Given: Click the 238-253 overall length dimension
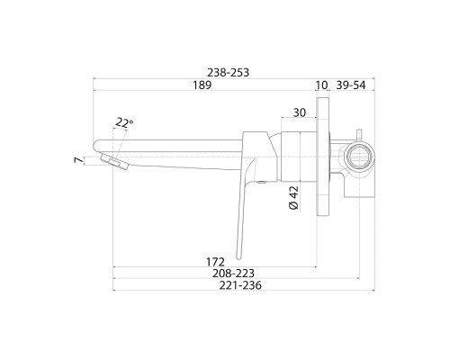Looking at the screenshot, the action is tap(229, 73).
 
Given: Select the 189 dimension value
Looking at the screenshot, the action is tap(202, 85).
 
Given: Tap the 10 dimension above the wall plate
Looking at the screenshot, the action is tap(321, 85).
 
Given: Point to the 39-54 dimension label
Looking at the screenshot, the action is tap(351, 85).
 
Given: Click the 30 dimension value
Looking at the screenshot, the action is tap(300, 112).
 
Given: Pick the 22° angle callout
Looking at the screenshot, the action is tap(124, 122).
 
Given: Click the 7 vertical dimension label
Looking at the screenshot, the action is tap(78, 160).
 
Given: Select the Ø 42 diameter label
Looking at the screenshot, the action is tap(293, 198).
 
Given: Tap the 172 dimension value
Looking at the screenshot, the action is tap(215, 262).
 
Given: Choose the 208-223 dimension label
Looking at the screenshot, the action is tap(233, 274).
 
